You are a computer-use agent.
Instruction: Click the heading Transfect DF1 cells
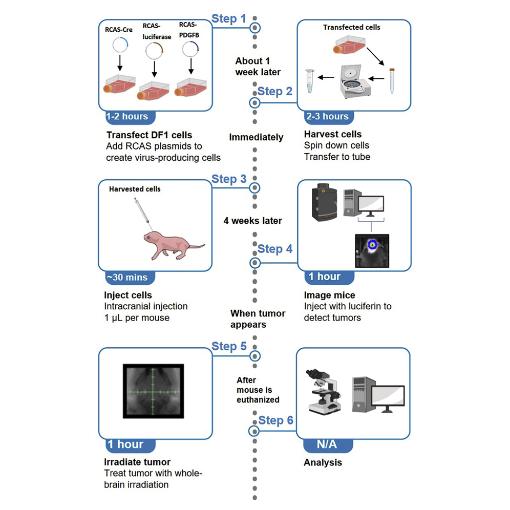tap(149, 135)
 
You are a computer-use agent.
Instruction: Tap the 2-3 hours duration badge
tap(328, 116)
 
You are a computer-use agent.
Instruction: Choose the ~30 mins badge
tap(127, 277)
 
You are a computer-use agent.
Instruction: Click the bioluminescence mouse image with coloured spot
tap(372, 251)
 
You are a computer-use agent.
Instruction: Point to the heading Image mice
tap(329, 295)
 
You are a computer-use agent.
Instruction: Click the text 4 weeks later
tap(252, 221)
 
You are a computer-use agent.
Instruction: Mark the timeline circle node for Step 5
tap(254, 356)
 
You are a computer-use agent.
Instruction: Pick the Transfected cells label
tap(352, 28)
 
